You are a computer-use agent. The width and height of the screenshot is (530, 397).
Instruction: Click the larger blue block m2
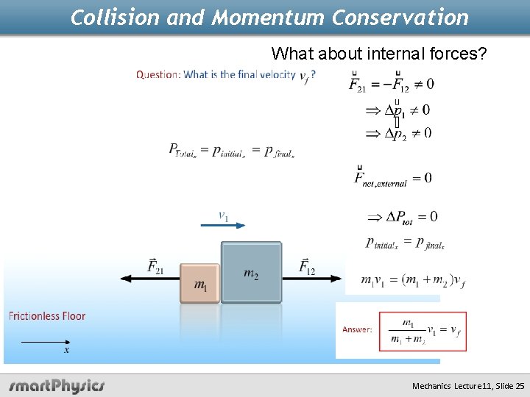coord(251,272)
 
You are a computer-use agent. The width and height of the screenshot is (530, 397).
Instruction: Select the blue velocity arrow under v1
coord(223,225)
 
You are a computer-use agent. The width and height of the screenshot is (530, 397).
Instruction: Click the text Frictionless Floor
coord(47,316)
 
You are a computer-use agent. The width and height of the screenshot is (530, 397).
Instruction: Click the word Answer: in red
coord(357,329)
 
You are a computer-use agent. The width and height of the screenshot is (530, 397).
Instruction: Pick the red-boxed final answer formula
coord(423,331)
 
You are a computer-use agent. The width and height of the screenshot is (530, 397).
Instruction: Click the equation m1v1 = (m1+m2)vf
coord(412,280)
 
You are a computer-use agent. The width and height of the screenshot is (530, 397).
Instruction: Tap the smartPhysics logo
coord(57,385)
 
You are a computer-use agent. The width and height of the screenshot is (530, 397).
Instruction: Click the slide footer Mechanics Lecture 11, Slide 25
coord(468,385)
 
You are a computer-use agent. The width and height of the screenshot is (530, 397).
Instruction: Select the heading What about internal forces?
coord(378,53)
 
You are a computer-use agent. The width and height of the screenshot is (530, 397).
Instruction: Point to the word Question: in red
coord(158,74)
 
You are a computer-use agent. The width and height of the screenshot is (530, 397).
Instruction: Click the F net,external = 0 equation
coord(393,178)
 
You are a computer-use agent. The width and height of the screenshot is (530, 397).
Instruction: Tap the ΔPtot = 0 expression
coord(402,217)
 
